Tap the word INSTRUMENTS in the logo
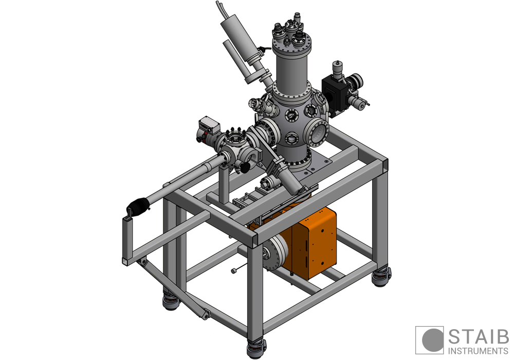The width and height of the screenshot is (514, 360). [478, 351]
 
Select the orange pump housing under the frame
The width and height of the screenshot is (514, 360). [314, 242]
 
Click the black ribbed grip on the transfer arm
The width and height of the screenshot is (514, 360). [138, 206]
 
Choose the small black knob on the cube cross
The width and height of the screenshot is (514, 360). [246, 168]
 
